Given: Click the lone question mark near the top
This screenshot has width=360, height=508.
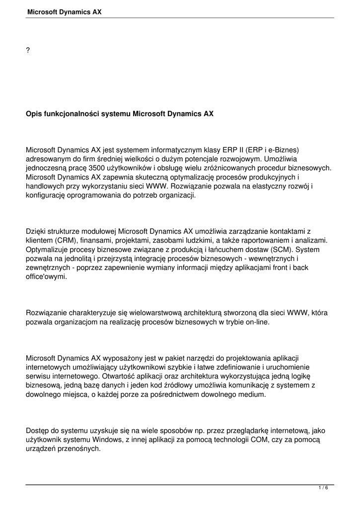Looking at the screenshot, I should (x=28, y=52).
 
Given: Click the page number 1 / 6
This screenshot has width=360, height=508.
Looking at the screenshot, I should (x=323, y=488).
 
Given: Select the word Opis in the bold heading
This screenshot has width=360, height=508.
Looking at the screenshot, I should (x=34, y=114).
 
